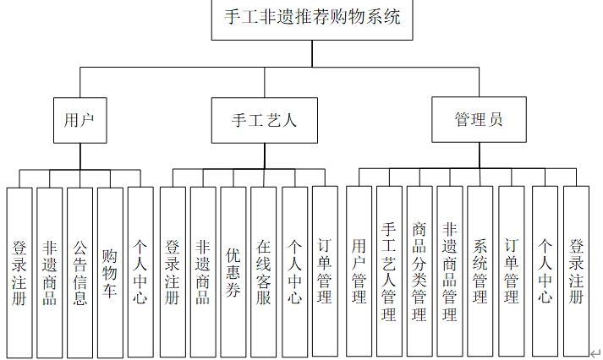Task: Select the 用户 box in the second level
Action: (x=79, y=120)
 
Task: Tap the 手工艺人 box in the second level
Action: (x=265, y=120)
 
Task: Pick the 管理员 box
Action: (x=479, y=120)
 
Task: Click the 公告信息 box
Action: (x=79, y=272)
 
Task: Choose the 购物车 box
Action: (x=110, y=272)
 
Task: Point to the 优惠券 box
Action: (x=233, y=272)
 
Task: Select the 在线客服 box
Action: (x=264, y=272)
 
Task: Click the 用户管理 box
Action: (x=359, y=272)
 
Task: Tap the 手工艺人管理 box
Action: (x=389, y=272)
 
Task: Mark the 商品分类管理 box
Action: (x=419, y=272)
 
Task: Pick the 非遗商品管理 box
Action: (x=450, y=272)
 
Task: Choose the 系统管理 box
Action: (x=480, y=272)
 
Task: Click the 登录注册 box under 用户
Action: (x=19, y=272)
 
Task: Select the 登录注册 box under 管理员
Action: (x=576, y=272)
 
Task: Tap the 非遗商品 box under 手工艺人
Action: (x=203, y=272)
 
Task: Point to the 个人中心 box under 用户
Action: (x=140, y=272)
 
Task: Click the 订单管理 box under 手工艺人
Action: (x=325, y=272)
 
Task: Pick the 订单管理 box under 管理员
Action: (x=511, y=272)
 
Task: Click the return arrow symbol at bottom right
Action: (x=595, y=353)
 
